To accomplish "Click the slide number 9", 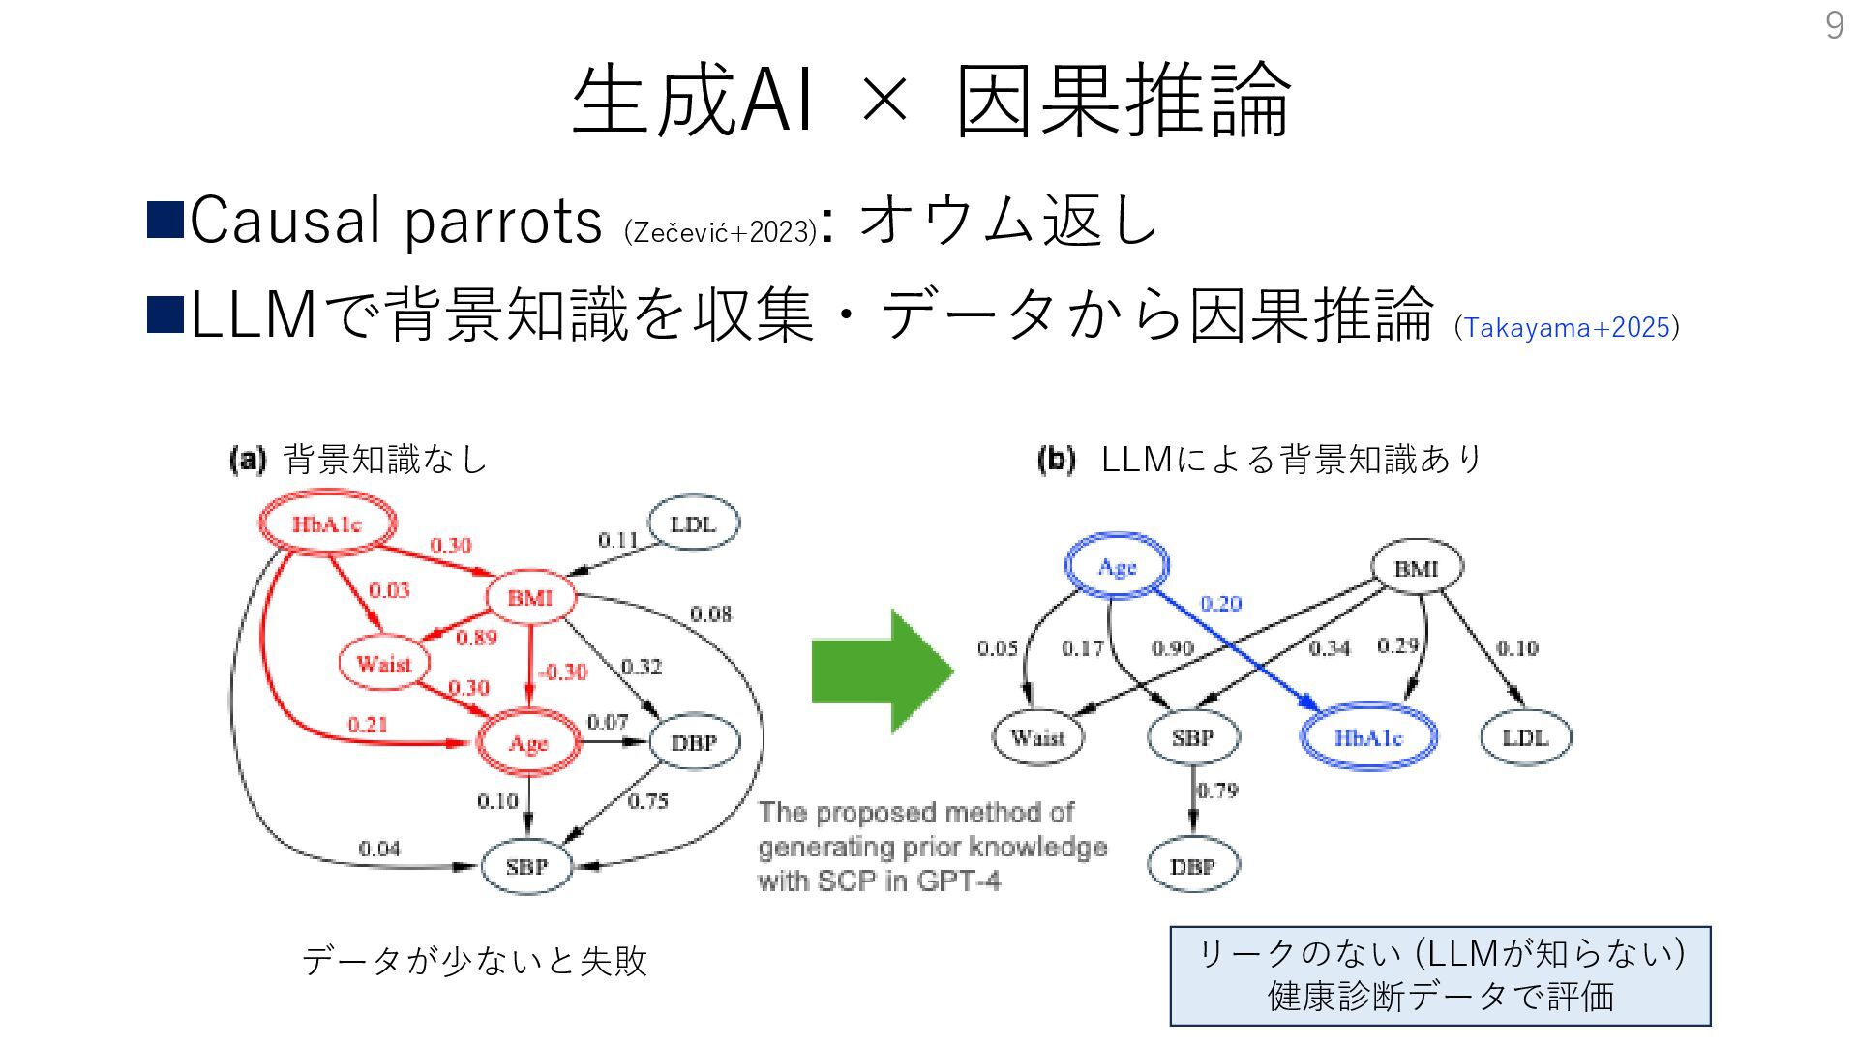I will [1834, 25].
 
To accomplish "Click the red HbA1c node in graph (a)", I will [327, 524].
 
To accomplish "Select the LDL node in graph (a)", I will [693, 524].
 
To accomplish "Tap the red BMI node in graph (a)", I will [529, 598].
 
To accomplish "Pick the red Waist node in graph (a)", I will [383, 664].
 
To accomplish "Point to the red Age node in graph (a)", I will [528, 743].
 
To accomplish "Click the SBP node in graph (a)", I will [526, 866].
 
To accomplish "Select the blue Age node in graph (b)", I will [1117, 567].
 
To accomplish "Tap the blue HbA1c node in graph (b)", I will [1368, 738].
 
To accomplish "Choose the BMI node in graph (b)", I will [1417, 568].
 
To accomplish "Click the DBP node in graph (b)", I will [1192, 866].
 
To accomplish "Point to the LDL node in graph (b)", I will [1525, 738].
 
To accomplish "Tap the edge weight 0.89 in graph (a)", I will [476, 638].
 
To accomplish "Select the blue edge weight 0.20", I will [1220, 604].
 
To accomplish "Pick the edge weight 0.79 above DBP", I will [1217, 791].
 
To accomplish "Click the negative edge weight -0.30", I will [563, 672].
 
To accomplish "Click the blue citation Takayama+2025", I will [1567, 327].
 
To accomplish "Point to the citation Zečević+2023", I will [721, 232].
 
